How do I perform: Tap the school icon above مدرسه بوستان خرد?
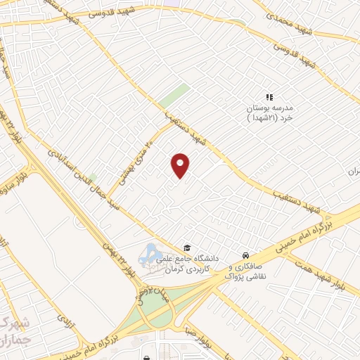[x=268, y=97]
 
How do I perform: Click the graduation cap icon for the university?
[x=187, y=247]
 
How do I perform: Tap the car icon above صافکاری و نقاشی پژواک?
[x=245, y=255]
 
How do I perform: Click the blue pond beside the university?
[x=150, y=255]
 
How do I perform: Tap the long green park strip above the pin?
[x=174, y=96]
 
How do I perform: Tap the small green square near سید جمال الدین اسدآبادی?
[x=93, y=178]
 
